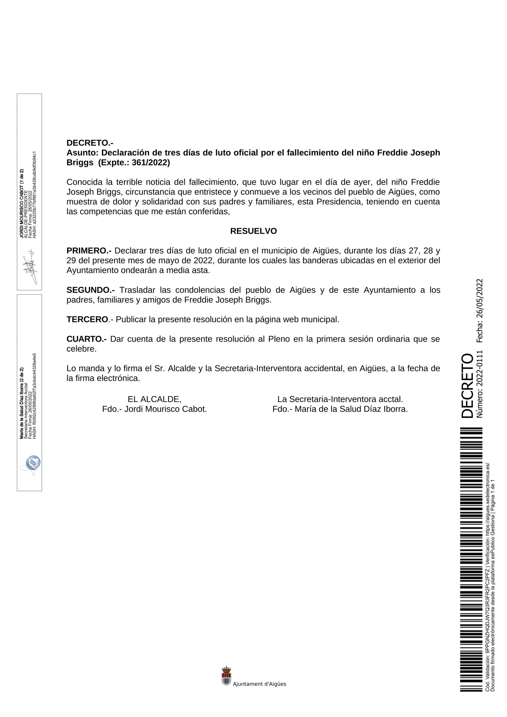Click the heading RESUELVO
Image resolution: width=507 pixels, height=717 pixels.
pos(253,231)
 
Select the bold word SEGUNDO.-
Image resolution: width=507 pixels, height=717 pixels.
pos(90,290)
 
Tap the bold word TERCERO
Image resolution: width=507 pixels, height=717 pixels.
pos(87,320)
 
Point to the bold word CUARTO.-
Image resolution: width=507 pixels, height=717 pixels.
pos(86,339)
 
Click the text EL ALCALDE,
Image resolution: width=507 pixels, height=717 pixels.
pos(154,399)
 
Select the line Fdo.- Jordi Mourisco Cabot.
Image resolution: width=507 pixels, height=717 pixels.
pos(154,409)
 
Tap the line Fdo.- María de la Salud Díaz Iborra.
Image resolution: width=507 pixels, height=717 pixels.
pos(340,409)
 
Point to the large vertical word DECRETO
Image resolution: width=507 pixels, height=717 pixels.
pos(467,385)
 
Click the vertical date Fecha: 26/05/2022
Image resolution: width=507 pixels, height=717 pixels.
pos(480,311)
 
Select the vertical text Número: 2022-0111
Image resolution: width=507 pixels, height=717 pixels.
pos(480,384)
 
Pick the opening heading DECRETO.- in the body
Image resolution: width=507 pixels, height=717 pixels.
pos(90,143)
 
